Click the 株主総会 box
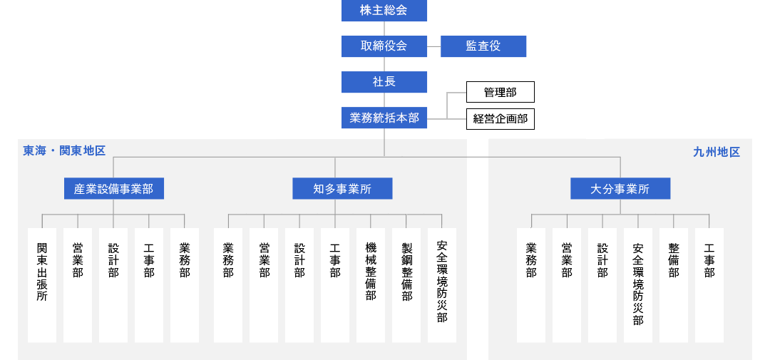point(384,10)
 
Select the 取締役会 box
point(384,46)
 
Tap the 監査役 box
point(483,46)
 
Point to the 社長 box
point(384,82)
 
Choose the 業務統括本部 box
point(384,118)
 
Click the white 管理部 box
point(500,92)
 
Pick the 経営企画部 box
point(500,119)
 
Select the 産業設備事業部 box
point(114,189)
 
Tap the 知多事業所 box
point(342,189)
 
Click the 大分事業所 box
point(620,189)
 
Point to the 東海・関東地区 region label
point(64,151)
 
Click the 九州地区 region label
point(717,153)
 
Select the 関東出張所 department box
point(42,285)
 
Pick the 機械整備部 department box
point(371,285)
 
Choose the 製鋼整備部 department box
point(406,285)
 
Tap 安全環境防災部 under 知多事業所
point(442,285)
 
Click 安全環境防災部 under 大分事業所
point(638,285)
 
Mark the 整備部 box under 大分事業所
point(674,285)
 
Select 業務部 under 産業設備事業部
point(185,285)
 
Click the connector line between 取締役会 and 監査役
point(433,46)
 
